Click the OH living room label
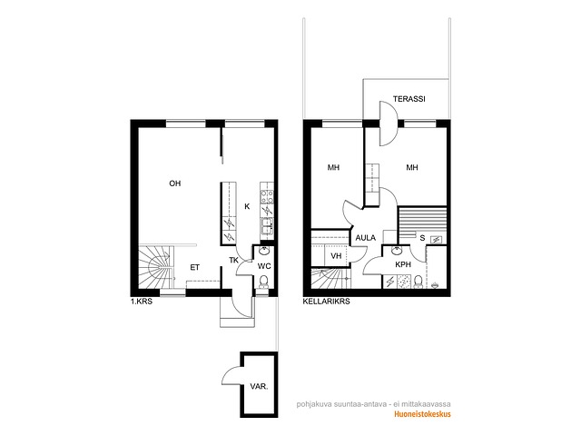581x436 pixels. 175,183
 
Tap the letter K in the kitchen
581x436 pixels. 247,206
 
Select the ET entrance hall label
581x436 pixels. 195,267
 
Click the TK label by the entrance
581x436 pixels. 234,261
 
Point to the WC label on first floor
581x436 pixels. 264,266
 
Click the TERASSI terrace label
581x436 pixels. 409,99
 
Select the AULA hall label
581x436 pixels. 366,238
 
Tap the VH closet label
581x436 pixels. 336,256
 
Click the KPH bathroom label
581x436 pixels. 403,264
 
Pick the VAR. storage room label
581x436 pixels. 259,386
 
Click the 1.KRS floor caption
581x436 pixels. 142,302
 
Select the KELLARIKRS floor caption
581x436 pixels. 327,302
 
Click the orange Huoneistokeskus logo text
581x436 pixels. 422,414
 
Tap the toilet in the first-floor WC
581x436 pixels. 264,282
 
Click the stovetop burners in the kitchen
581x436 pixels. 267,196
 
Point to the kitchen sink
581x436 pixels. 267,226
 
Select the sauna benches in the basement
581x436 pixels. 422,222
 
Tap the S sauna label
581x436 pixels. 422,238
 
